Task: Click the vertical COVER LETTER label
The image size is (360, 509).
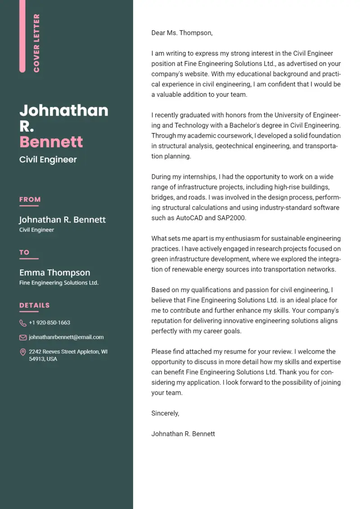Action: tap(36, 43)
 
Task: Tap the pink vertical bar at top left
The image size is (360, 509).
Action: tap(22, 36)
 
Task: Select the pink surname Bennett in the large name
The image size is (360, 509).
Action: tap(51, 142)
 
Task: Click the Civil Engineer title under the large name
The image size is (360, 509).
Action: tap(48, 160)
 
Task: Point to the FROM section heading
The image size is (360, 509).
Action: tap(30, 199)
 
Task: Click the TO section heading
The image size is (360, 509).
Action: tap(24, 252)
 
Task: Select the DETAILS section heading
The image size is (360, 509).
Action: tap(35, 306)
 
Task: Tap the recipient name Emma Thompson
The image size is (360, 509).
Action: tap(54, 273)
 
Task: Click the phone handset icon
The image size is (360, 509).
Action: tap(23, 323)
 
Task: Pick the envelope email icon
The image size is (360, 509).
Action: tap(23, 338)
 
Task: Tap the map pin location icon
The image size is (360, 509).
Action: tap(23, 352)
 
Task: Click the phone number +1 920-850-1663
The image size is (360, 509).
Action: tap(49, 323)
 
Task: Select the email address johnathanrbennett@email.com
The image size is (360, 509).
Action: tap(66, 337)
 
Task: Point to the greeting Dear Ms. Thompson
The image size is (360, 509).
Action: tap(182, 33)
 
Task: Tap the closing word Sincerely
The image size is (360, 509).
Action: tap(165, 413)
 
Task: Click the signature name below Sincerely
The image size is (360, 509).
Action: tap(183, 434)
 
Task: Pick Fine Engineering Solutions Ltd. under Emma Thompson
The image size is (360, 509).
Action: tap(59, 283)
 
